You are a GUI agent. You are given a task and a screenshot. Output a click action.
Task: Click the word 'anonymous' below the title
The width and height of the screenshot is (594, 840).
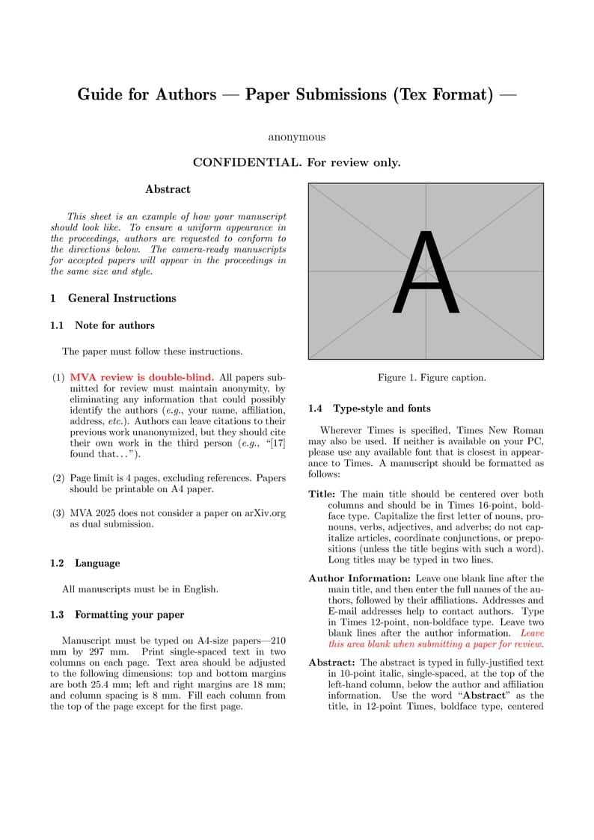pos(296,137)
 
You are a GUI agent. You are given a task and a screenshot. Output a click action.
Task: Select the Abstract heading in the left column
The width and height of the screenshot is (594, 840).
pos(168,189)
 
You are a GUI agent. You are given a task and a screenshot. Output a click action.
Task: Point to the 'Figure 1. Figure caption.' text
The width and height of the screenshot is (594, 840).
pos(432,378)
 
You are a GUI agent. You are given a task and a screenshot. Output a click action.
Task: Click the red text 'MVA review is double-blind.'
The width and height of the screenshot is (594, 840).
pos(141,377)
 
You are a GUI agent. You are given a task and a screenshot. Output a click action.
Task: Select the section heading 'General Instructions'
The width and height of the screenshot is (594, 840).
pos(122,298)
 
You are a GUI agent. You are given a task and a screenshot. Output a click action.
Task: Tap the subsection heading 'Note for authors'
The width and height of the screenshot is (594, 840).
pos(114,325)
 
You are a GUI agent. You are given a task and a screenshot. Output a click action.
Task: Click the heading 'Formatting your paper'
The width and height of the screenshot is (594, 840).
pos(129,615)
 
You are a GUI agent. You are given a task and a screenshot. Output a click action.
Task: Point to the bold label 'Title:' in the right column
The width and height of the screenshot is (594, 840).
pos(322,494)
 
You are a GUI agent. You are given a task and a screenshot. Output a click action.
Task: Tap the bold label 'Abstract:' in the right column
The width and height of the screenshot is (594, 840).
pos(331,663)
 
